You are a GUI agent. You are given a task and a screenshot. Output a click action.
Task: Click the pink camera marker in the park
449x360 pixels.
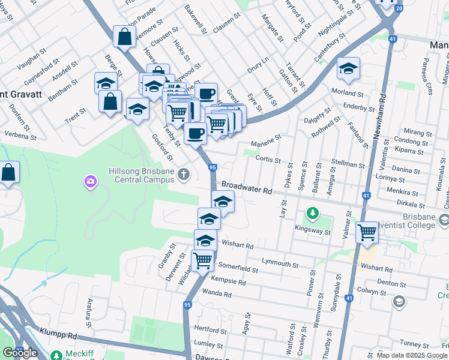(x=91, y=181)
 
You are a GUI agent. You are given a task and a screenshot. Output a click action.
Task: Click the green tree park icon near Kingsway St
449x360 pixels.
(x=312, y=213)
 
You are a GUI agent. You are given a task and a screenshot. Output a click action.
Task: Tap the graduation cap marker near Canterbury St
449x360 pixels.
(x=348, y=69)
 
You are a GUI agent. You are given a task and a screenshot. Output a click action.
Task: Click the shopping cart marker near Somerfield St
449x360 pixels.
(x=203, y=261)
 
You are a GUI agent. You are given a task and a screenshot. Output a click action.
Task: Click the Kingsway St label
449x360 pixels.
(x=313, y=230)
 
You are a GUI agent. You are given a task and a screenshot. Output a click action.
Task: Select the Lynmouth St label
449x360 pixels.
(x=280, y=263)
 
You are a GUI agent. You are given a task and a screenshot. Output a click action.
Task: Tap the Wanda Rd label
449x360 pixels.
(x=217, y=294)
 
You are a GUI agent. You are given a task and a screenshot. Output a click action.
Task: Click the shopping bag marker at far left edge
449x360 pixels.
(x=9, y=173)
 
